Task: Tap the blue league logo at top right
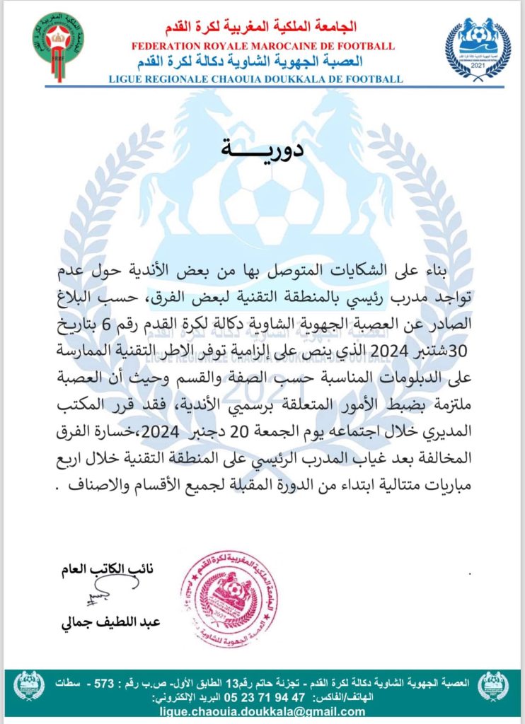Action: (x=478, y=47)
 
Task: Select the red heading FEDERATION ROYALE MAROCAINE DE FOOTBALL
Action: (x=263, y=47)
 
